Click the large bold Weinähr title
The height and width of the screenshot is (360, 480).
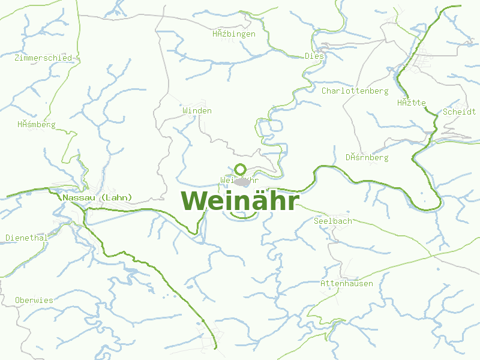point(239,200)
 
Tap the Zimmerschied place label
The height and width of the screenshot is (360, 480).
point(43,58)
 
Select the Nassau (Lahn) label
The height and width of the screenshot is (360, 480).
point(97,197)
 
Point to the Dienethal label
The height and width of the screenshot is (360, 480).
point(26,238)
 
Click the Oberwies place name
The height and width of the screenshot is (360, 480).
point(34,300)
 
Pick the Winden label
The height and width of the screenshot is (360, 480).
point(197,111)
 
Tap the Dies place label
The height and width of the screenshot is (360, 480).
point(314,56)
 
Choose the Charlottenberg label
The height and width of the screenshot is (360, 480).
point(355,91)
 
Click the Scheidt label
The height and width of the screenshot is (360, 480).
point(459,112)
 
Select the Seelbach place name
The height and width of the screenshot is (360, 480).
point(333,221)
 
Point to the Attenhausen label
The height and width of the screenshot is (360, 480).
point(347,283)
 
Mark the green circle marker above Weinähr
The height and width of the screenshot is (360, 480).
point(241,169)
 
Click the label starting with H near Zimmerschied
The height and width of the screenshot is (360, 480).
point(36,125)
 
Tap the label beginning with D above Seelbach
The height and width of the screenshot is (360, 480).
point(367,158)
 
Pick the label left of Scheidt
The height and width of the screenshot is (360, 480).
point(411,103)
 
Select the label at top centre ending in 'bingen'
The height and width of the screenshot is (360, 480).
point(233,34)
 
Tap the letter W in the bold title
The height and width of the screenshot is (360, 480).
point(194,200)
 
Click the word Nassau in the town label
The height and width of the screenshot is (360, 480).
point(78,197)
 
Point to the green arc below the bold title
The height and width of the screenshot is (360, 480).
point(239,215)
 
